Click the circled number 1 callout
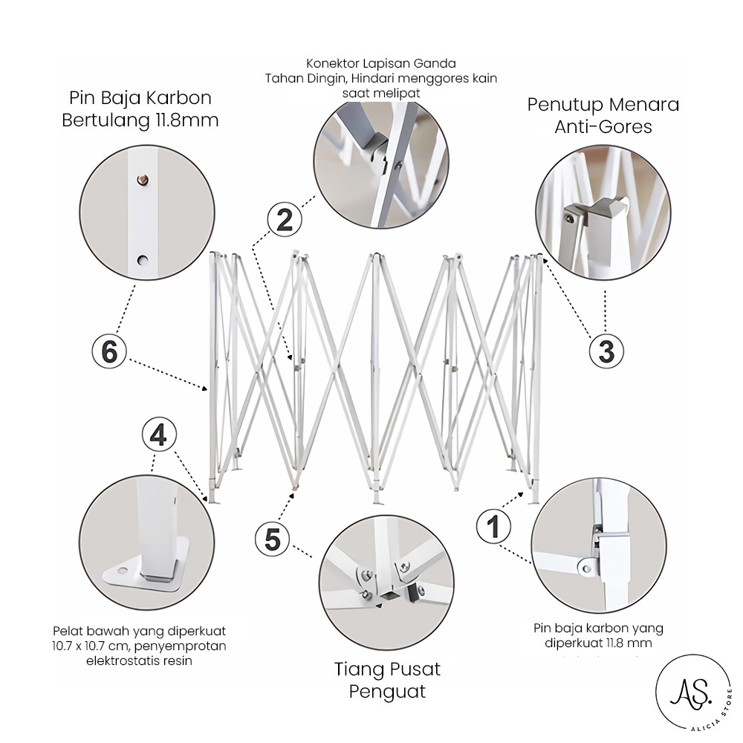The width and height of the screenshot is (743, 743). [493, 526]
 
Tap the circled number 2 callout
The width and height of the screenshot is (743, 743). [285, 220]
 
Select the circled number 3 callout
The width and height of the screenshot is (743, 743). [606, 351]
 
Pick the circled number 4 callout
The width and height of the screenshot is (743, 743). [159, 435]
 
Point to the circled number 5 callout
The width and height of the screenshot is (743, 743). [273, 539]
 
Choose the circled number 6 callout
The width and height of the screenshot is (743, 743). [109, 351]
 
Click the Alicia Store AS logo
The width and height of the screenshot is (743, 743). [693, 692]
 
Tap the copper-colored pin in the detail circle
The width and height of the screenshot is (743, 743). [142, 180]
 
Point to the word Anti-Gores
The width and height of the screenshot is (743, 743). [603, 127]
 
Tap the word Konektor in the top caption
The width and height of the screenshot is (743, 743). [331, 63]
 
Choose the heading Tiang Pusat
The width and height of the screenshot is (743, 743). [387, 669]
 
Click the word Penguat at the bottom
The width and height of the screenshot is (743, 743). [387, 692]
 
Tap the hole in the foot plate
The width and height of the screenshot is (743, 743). [123, 570]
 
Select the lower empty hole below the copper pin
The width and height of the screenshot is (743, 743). [142, 260]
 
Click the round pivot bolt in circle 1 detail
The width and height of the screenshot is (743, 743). [587, 567]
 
